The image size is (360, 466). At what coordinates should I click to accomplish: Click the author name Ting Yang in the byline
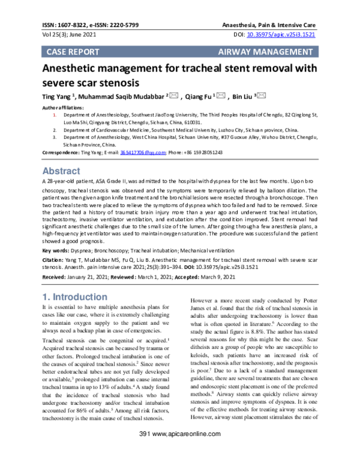[56, 96]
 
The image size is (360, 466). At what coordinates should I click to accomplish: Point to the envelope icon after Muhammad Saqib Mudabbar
[173, 95]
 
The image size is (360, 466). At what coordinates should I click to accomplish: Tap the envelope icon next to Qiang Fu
[221, 95]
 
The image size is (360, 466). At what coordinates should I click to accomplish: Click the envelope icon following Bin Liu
[261, 95]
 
